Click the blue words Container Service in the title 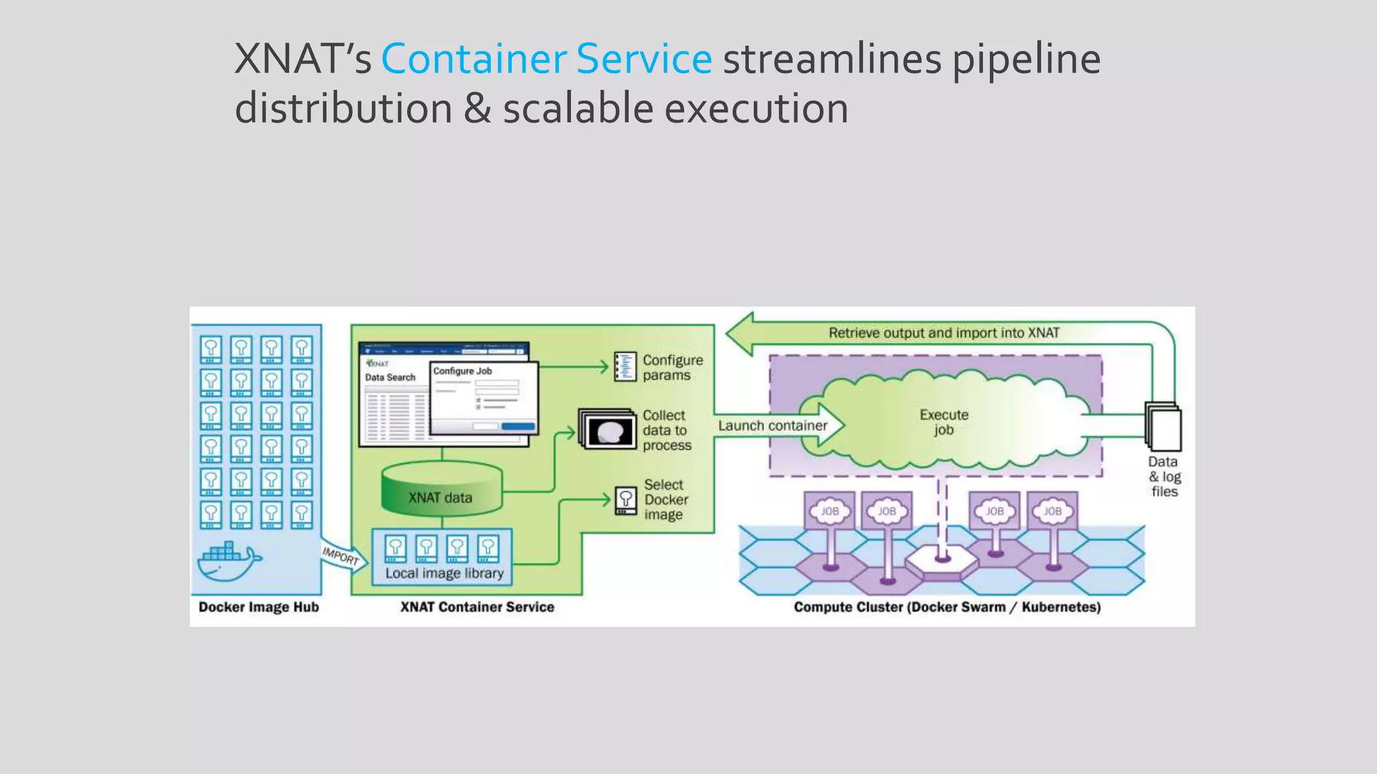pos(546,59)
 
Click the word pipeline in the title pos(1026,59)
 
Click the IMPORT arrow pos(342,556)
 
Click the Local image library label pos(444,573)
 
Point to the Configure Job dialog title pos(463,371)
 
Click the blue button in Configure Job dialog pos(518,426)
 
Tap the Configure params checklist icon pos(625,367)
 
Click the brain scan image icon pos(609,431)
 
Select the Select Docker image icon pos(625,501)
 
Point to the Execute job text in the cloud pos(944,422)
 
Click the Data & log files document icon pos(1163,427)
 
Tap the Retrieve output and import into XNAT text pos(943,333)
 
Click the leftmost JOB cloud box pos(830,511)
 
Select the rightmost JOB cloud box pos(1052,511)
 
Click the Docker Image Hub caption pos(259,607)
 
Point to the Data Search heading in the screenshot pos(390,378)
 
